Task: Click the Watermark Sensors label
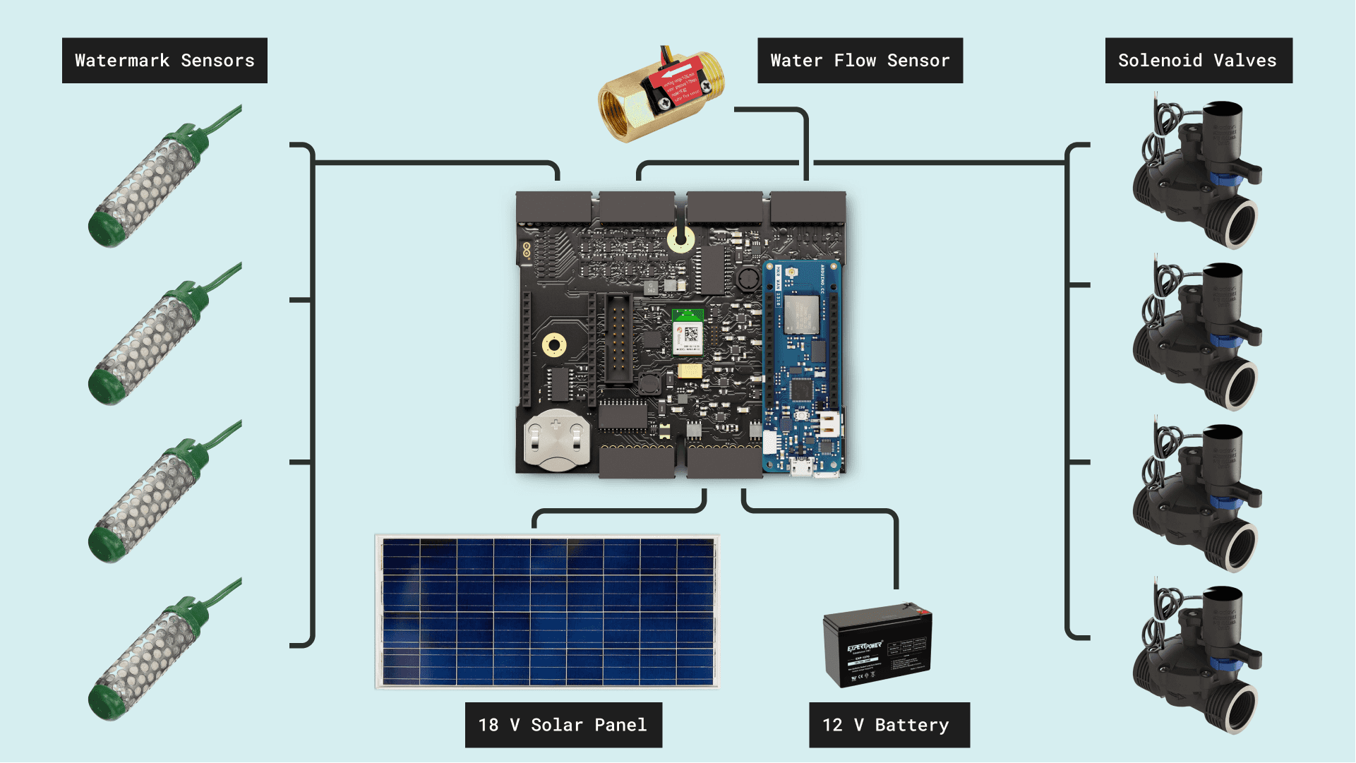coord(164,61)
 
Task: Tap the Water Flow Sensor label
coord(860,61)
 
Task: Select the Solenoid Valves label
coord(1198,61)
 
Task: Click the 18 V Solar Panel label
coord(563,725)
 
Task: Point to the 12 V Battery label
coord(889,725)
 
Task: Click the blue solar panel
coord(547,611)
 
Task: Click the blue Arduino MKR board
coord(802,367)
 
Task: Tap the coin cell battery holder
coord(556,439)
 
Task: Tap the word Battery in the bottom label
coord(912,725)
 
